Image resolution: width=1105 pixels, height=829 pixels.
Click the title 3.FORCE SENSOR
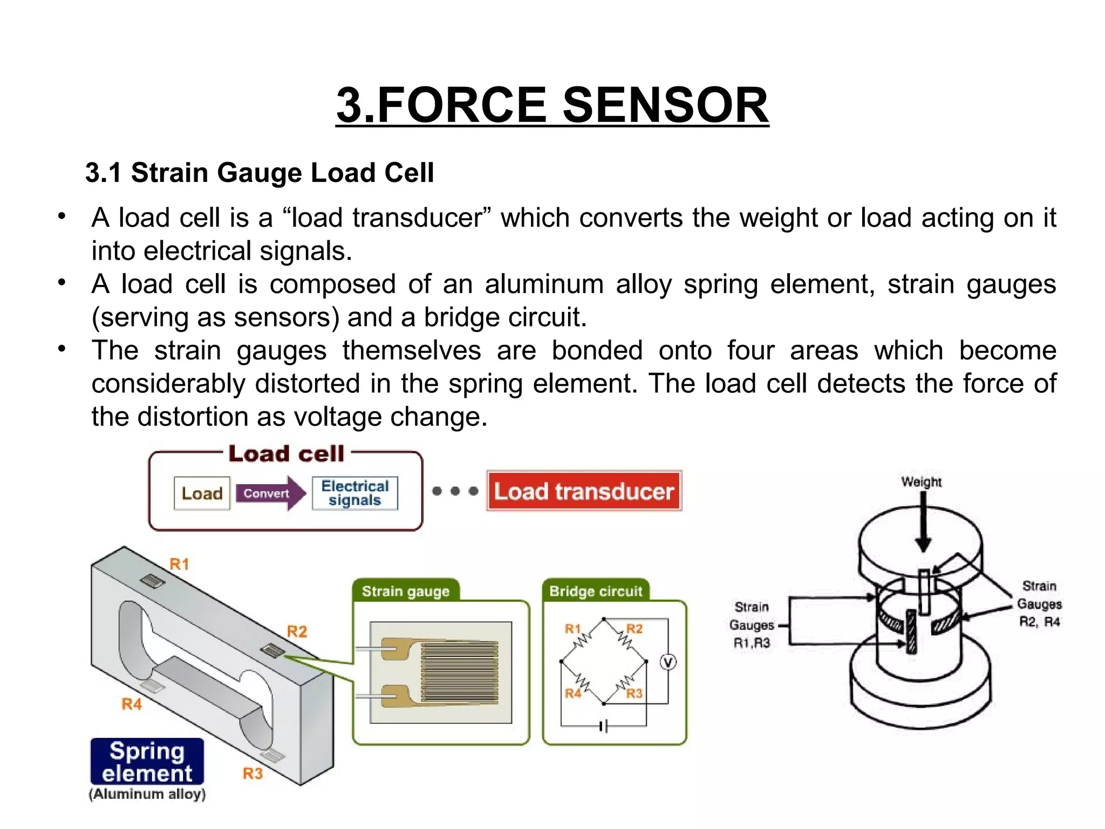(x=552, y=105)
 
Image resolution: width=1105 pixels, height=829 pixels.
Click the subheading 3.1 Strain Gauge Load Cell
(x=260, y=173)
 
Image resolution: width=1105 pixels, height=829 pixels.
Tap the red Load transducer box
(x=584, y=491)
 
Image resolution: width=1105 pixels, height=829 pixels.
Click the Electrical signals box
(x=354, y=493)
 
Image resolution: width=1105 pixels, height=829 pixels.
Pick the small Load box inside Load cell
(x=202, y=493)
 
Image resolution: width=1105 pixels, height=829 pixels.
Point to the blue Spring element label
(x=147, y=762)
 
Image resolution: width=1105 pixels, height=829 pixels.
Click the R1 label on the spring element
(x=180, y=565)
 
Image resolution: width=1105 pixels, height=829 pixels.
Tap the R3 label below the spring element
(x=253, y=773)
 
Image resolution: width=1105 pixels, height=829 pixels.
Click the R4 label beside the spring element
(x=132, y=704)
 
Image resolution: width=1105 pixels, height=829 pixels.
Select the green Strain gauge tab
(x=406, y=591)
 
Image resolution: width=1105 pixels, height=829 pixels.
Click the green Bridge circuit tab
(x=596, y=591)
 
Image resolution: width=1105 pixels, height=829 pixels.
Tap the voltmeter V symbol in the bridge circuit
(x=668, y=662)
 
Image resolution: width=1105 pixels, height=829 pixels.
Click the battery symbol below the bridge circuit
(x=604, y=727)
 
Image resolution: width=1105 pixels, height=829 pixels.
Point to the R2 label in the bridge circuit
(x=635, y=629)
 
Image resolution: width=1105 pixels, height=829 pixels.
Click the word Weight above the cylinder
(x=921, y=481)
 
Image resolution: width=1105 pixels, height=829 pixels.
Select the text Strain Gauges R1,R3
(x=752, y=625)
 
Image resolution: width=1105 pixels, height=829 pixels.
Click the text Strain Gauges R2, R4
(x=1039, y=604)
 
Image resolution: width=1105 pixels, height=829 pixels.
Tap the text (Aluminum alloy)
(x=147, y=794)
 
